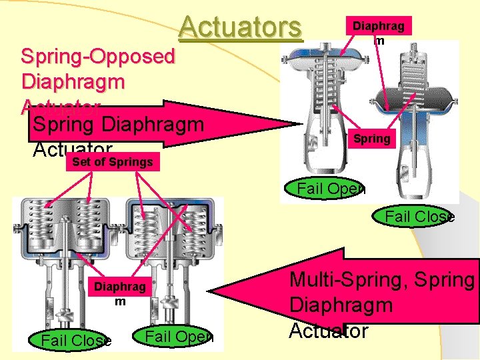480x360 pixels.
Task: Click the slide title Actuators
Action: (x=240, y=27)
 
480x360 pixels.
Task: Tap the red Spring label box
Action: (x=371, y=139)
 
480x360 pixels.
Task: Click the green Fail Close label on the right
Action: (x=419, y=216)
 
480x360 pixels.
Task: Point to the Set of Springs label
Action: (x=112, y=161)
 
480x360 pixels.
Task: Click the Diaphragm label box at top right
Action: (x=378, y=27)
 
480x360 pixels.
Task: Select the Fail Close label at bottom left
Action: (x=75, y=341)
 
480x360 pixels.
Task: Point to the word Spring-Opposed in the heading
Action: (x=97, y=55)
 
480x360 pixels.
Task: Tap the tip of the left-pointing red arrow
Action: (x=214, y=292)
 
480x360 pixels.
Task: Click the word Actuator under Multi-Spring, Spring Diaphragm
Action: (x=328, y=331)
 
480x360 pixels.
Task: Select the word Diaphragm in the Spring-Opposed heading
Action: (x=73, y=82)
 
